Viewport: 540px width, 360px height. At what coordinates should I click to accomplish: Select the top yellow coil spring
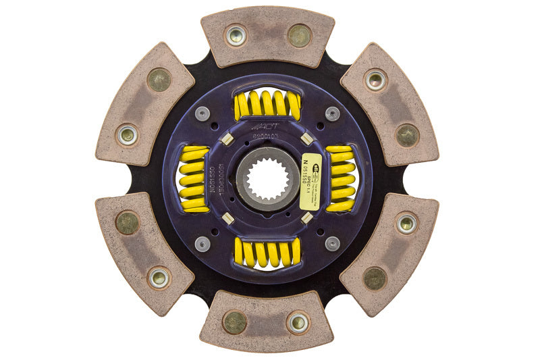267,104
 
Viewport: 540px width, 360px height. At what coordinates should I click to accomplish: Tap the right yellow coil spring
340,179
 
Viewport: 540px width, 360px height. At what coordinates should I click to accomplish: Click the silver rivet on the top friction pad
236,36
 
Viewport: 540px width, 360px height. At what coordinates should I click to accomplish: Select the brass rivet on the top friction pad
299,36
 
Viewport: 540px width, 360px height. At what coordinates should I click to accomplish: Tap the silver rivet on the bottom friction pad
298,322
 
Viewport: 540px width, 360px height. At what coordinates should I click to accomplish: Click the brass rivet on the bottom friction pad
235,322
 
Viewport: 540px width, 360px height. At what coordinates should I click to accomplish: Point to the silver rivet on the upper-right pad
375,80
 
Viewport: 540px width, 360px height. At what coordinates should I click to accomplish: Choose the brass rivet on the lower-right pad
375,278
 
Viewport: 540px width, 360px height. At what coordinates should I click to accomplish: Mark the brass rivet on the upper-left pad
159,80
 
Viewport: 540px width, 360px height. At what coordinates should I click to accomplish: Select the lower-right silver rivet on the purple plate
331,243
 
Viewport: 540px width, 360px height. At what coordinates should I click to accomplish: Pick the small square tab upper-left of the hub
228,140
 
